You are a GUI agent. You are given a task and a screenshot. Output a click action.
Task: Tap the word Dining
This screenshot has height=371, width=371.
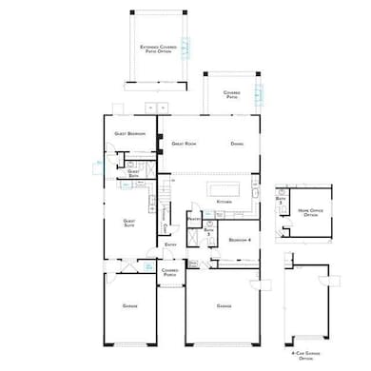click(x=238, y=144)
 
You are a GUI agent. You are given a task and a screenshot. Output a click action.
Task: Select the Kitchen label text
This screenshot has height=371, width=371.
click(x=225, y=203)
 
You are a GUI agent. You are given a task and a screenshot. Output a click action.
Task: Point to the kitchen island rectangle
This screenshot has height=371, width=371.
click(x=219, y=186)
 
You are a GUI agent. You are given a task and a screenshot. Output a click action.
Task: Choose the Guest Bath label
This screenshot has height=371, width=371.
click(x=133, y=173)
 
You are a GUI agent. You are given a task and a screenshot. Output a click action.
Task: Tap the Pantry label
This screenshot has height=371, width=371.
click(x=192, y=220)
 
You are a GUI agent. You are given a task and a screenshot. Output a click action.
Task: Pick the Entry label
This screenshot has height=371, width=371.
click(x=170, y=244)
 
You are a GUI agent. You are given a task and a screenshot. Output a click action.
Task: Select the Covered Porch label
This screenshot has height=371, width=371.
click(x=170, y=272)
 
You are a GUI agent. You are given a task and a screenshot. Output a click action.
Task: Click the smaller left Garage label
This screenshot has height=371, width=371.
click(x=130, y=306)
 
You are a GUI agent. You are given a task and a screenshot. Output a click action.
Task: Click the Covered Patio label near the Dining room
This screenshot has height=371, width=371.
click(x=231, y=94)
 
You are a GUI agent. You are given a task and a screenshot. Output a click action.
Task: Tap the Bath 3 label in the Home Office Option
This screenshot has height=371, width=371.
click(x=282, y=201)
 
